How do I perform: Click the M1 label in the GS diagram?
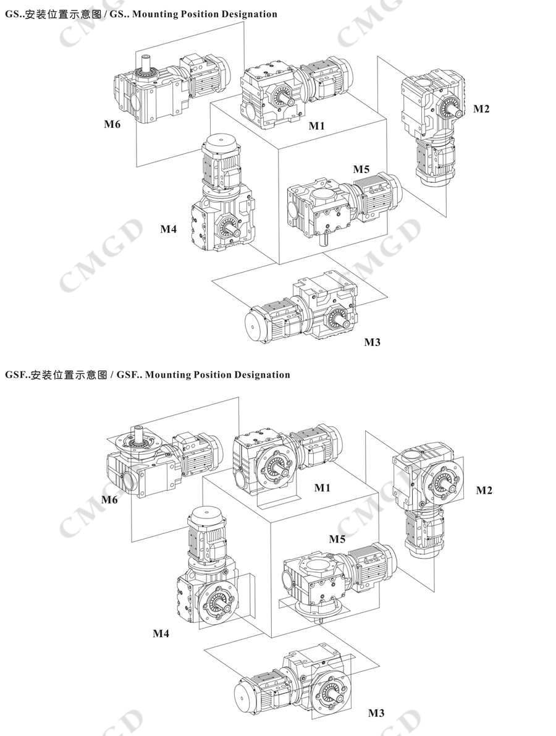click(317, 125)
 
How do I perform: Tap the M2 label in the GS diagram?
click(481, 109)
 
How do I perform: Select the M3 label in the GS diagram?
click(372, 342)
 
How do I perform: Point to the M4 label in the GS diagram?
click(169, 229)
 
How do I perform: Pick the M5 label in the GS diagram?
click(361, 169)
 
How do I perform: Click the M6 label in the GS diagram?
click(112, 124)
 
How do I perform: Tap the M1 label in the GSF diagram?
click(322, 488)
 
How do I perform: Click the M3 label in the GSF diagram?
click(376, 713)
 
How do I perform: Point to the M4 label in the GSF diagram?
click(161, 633)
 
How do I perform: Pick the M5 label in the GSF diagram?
click(337, 539)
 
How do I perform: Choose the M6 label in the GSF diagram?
click(109, 499)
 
